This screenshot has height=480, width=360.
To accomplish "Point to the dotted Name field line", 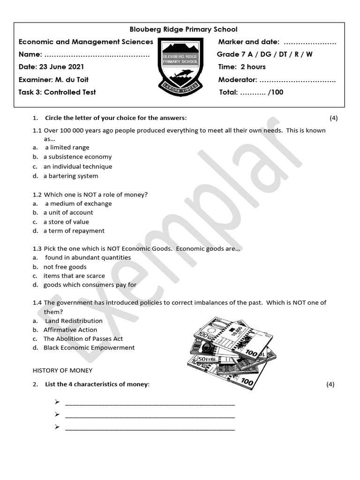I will pyautogui.click(x=97, y=55).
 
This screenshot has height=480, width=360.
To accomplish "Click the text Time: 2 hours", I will pyautogui.click(x=242, y=67).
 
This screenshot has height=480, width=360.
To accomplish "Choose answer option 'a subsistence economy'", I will pyautogui.click(x=77, y=157).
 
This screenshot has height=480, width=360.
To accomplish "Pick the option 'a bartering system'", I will pyautogui.click(x=71, y=176).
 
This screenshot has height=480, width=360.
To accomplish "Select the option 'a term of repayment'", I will pyautogui.click(x=74, y=231).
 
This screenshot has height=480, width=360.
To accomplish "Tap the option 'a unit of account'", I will pyautogui.click(x=68, y=212).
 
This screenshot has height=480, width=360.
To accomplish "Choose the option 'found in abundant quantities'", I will pyautogui.click(x=88, y=257).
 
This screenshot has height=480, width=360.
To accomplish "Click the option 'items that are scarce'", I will pyautogui.click(x=74, y=276).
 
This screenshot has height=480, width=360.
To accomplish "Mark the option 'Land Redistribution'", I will pyautogui.click(x=74, y=321).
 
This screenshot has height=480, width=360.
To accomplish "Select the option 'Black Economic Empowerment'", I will pyautogui.click(x=89, y=348).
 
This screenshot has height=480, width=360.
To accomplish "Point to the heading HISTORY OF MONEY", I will pyautogui.click(x=62, y=370).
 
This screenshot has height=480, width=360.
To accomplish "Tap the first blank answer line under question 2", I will pyautogui.click(x=150, y=403).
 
